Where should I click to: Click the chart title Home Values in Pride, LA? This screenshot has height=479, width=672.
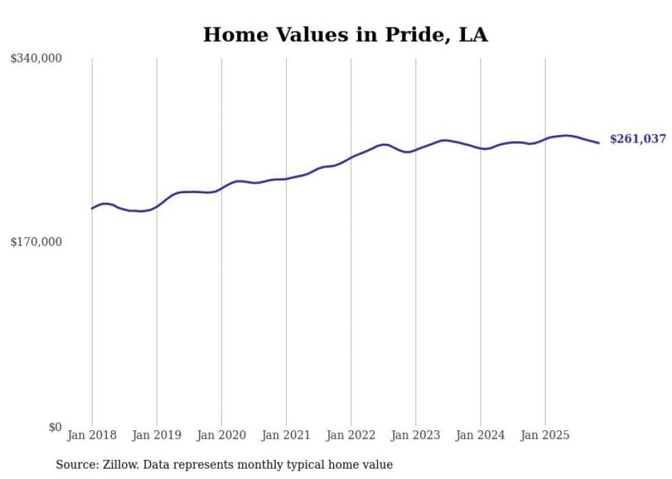click(x=345, y=35)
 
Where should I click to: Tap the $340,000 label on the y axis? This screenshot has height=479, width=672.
click(x=36, y=59)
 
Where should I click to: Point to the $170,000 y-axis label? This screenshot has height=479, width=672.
click(x=36, y=242)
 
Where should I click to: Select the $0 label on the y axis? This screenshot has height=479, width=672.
click(x=55, y=427)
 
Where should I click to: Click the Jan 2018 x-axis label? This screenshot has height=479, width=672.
click(x=92, y=435)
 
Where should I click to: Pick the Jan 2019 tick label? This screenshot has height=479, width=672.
click(x=156, y=435)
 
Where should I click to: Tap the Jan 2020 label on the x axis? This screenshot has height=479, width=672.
click(x=221, y=435)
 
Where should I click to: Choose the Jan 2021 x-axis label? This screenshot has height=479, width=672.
click(x=286, y=435)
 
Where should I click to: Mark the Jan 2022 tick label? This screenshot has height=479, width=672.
click(x=350, y=435)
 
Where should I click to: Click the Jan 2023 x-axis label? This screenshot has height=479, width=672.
click(x=416, y=435)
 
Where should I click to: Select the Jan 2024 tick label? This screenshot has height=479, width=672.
click(x=480, y=435)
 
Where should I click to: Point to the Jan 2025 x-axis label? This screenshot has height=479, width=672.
click(x=545, y=435)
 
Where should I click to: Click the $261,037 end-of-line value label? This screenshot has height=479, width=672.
click(x=638, y=139)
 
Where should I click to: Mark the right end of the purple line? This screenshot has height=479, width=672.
click(x=599, y=143)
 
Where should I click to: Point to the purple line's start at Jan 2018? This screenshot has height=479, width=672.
click(x=92, y=208)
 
